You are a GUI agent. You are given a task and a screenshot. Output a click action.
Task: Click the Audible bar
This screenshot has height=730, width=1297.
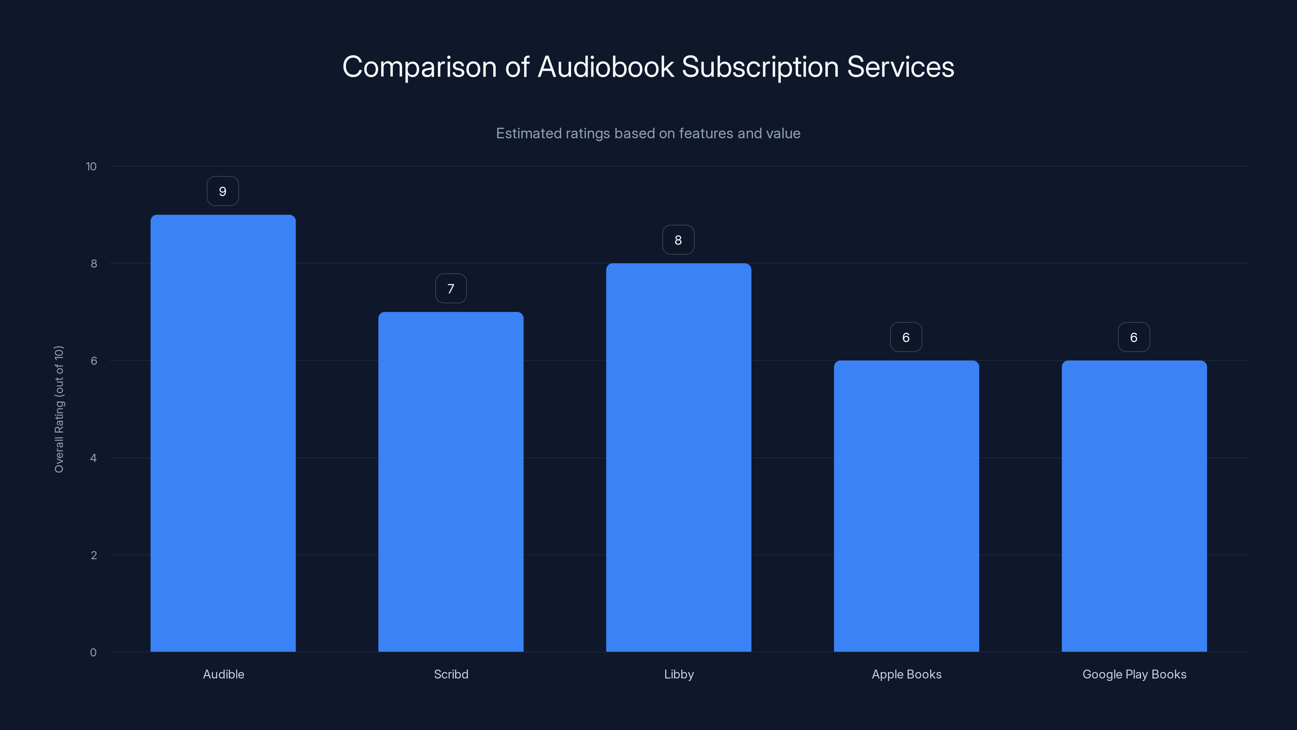pyautogui.click(x=223, y=433)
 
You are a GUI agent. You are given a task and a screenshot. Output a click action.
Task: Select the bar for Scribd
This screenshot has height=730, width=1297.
pyautogui.click(x=451, y=482)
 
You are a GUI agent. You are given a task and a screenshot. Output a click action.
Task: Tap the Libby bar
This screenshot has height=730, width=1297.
pyautogui.click(x=678, y=457)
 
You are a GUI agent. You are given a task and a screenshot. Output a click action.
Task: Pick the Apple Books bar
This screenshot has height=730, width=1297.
pyautogui.click(x=906, y=506)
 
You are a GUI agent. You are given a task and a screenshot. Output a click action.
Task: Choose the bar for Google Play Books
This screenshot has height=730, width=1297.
pyautogui.click(x=1134, y=506)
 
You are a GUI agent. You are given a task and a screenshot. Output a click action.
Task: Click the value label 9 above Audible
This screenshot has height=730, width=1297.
pyautogui.click(x=223, y=191)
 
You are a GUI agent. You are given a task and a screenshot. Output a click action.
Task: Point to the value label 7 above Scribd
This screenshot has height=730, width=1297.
pyautogui.click(x=451, y=289)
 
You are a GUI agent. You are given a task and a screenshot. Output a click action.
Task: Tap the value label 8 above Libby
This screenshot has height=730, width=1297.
pyautogui.click(x=678, y=240)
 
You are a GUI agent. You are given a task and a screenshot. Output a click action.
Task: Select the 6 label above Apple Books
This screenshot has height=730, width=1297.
pyautogui.click(x=906, y=337)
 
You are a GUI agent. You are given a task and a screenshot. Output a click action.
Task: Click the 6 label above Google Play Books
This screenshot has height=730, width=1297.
pyautogui.click(x=1133, y=337)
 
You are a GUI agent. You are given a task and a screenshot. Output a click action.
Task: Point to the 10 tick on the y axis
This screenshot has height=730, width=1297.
pyautogui.click(x=91, y=167)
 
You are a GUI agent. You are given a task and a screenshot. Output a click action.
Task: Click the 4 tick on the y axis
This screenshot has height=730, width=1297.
pyautogui.click(x=93, y=458)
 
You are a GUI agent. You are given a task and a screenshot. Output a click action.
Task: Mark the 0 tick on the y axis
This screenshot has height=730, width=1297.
pyautogui.click(x=93, y=653)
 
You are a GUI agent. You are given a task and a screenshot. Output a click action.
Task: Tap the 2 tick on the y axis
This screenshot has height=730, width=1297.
pyautogui.click(x=93, y=556)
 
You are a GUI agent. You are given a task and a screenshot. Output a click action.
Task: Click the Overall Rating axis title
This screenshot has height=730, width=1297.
pyautogui.click(x=59, y=409)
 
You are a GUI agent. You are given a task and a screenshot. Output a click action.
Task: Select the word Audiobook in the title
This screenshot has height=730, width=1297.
pyautogui.click(x=606, y=67)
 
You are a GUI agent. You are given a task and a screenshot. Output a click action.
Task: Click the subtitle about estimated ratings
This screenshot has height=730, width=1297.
pyautogui.click(x=648, y=133)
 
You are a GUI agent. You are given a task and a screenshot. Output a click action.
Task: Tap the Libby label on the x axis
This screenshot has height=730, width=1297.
pyautogui.click(x=679, y=674)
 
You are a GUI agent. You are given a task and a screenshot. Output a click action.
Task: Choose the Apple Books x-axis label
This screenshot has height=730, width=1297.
pyautogui.click(x=906, y=674)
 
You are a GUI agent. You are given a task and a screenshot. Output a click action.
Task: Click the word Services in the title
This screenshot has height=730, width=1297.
pyautogui.click(x=900, y=67)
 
